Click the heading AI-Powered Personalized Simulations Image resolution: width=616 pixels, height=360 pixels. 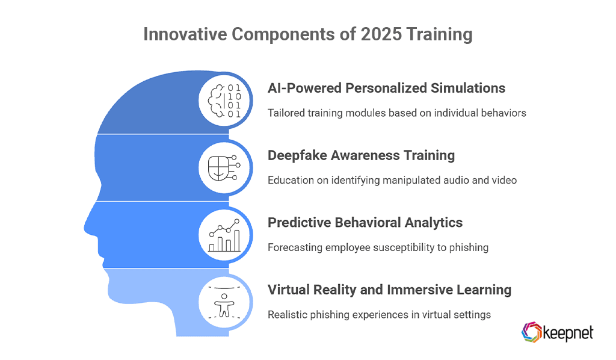[386, 88]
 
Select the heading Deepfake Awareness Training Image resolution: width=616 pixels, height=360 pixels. [361, 155]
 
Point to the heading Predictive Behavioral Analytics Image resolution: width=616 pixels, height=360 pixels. [365, 223]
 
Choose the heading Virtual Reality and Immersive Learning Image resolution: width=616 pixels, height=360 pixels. [389, 290]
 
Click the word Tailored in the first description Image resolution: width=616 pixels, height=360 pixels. [286, 113]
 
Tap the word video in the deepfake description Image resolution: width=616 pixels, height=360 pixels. [504, 180]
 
